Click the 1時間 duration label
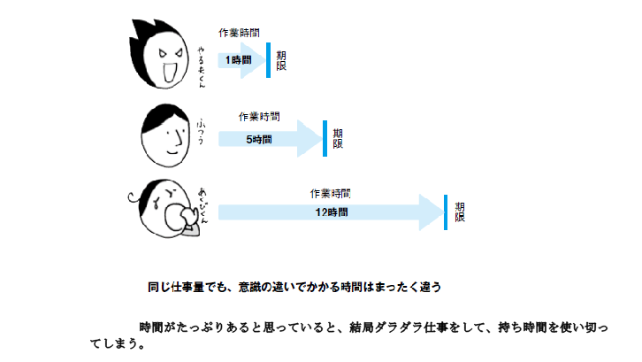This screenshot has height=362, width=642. click(x=238, y=59)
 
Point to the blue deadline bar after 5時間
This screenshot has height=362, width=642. click(x=325, y=138)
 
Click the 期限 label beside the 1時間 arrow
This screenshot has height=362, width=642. click(x=281, y=60)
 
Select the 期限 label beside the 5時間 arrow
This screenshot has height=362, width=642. click(x=338, y=138)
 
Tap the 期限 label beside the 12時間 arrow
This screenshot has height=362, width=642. click(x=460, y=212)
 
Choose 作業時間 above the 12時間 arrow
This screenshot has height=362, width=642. click(x=331, y=192)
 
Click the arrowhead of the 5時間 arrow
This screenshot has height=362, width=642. click(x=309, y=139)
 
